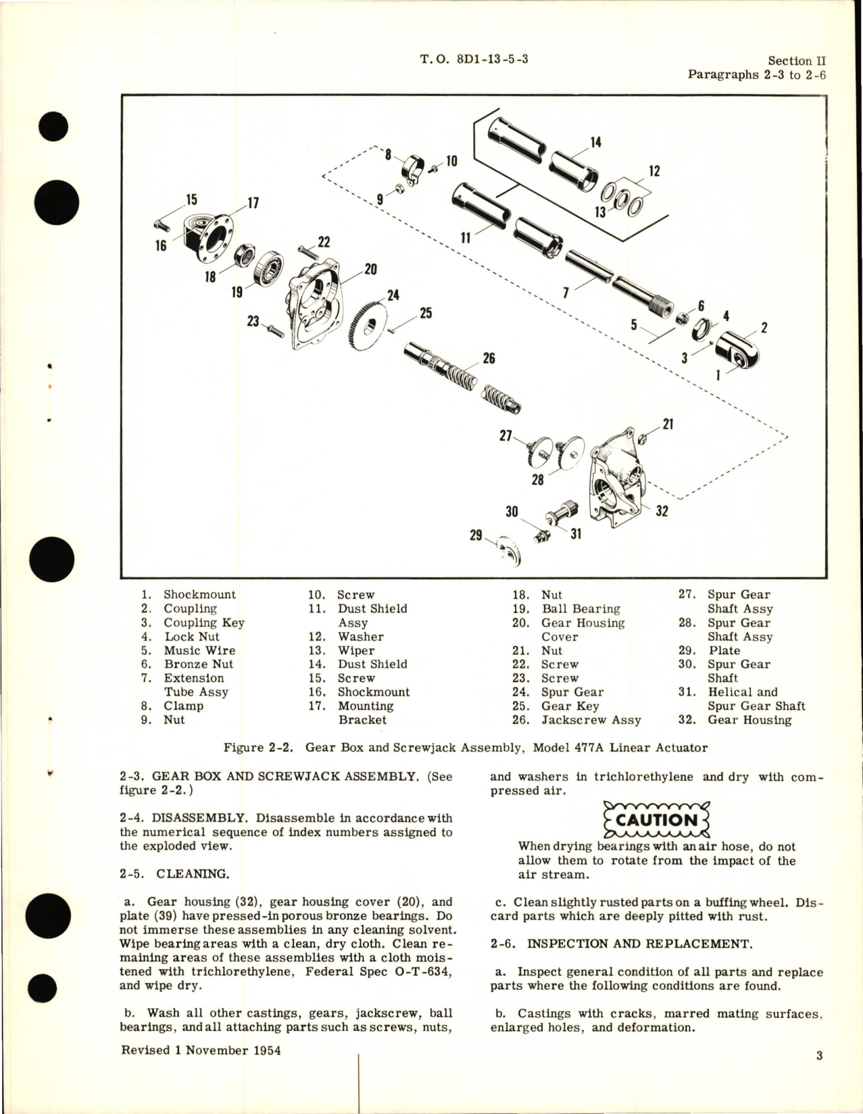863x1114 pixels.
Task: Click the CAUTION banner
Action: pyautogui.click(x=656, y=820)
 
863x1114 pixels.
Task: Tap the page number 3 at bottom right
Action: pyautogui.click(x=819, y=1056)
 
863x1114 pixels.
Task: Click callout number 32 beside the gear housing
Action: pyautogui.click(x=662, y=511)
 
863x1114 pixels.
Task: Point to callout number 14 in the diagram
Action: pyautogui.click(x=595, y=143)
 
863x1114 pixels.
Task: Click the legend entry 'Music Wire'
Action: pyautogui.click(x=199, y=650)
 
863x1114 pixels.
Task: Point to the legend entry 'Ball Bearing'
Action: pyautogui.click(x=581, y=609)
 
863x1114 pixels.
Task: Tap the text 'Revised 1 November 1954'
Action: pyautogui.click(x=200, y=1050)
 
